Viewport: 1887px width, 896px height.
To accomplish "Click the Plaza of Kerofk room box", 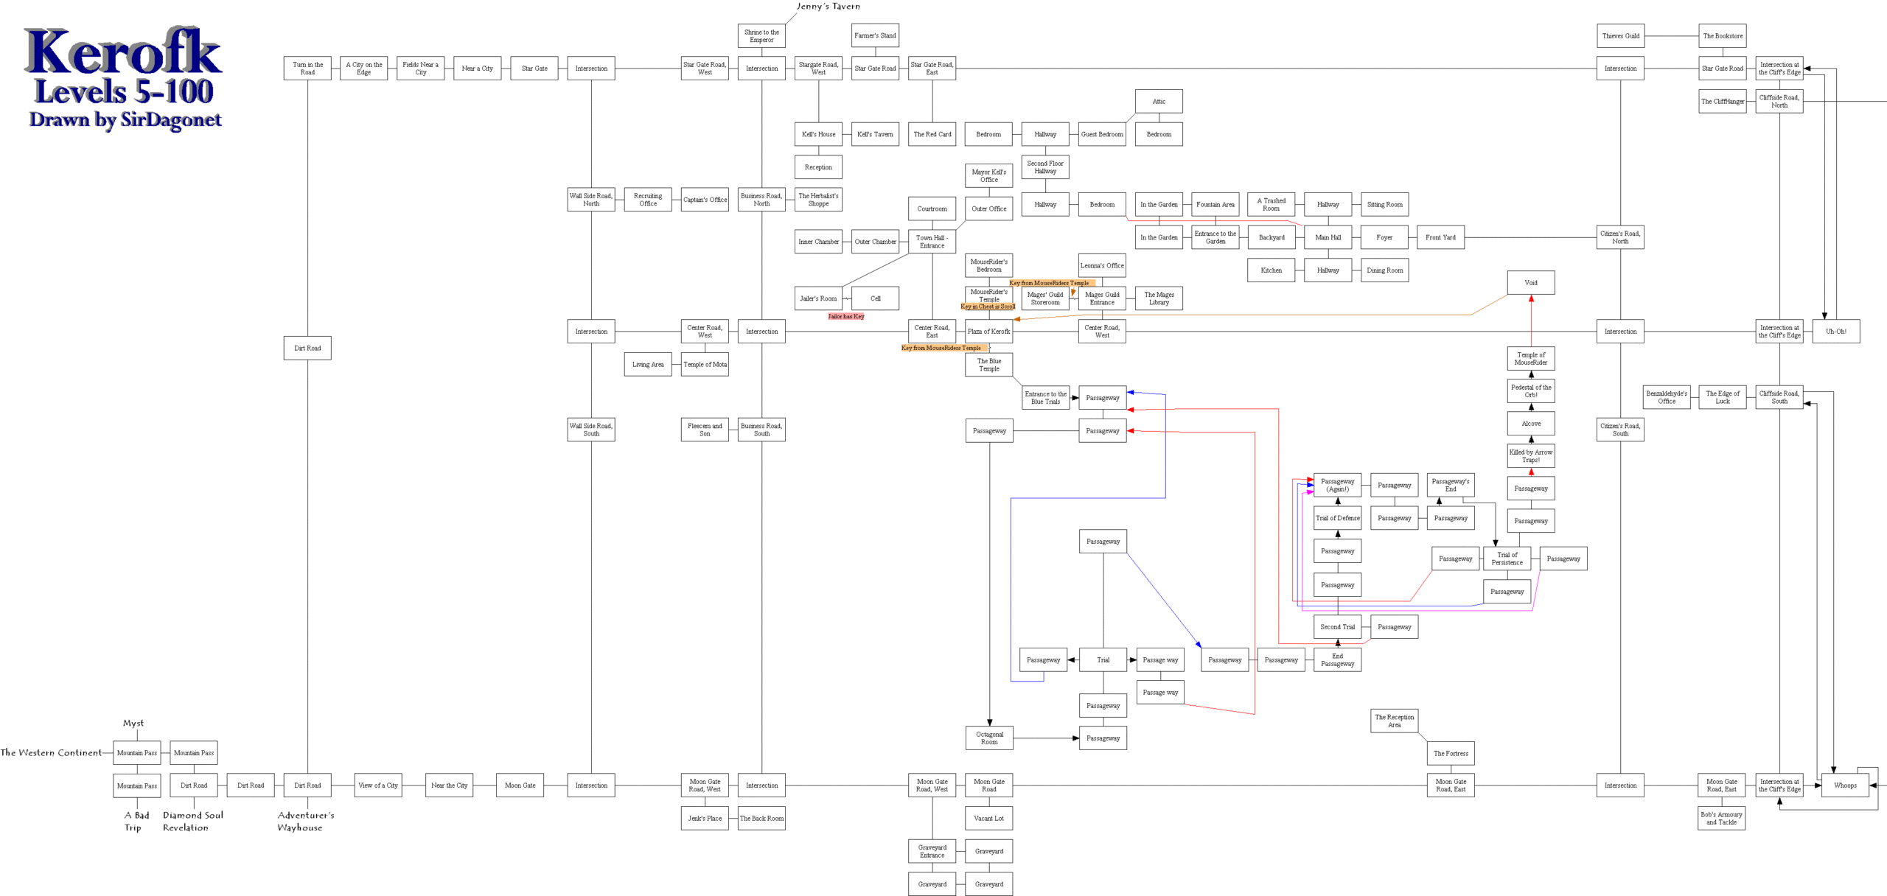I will click(x=988, y=332).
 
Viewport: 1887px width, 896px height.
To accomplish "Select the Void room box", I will click(x=1531, y=283).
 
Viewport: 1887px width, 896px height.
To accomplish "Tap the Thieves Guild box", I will click(x=1620, y=36).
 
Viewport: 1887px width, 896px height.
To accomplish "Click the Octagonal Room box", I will click(x=989, y=738).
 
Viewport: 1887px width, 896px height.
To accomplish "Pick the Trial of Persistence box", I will click(x=1507, y=559).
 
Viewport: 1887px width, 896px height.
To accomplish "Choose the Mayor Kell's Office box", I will click(x=988, y=175).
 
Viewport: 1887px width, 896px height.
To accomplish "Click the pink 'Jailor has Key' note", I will click(x=845, y=317).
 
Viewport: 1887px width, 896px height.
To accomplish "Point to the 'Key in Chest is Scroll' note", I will click(x=988, y=307).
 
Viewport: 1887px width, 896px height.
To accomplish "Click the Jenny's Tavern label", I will click(x=828, y=7).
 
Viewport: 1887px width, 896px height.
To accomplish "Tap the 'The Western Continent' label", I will click(x=51, y=753).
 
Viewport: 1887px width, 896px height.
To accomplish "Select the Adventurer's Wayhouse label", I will click(x=305, y=821).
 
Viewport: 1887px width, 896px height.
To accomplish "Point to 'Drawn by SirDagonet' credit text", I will click(x=125, y=119).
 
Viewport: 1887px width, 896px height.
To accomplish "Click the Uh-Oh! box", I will click(x=1835, y=332).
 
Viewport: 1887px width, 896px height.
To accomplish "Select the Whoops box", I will click(x=1845, y=785).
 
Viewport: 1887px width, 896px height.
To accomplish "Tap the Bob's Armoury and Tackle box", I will click(x=1721, y=819).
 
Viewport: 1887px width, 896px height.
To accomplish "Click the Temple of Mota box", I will click(x=705, y=365).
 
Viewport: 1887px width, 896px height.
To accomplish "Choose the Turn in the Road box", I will click(x=307, y=69).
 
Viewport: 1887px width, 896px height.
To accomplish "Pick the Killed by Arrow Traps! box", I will click(x=1531, y=456).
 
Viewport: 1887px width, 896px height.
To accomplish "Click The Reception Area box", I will click(x=1394, y=721).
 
